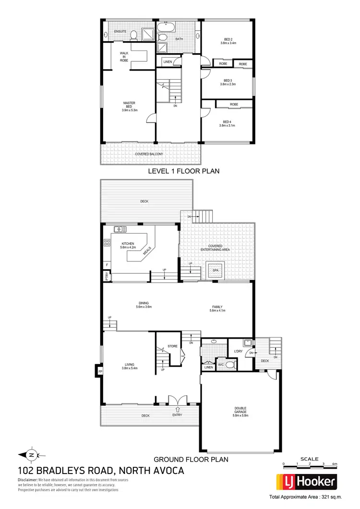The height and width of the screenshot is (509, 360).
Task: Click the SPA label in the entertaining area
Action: [x=215, y=270]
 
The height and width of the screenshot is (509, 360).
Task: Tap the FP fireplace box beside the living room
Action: [x=100, y=371]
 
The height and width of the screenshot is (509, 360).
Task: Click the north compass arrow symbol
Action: [x=31, y=454]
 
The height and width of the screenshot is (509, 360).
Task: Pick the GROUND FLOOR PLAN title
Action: [x=190, y=459]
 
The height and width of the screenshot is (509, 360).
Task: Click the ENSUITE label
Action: [x=120, y=32]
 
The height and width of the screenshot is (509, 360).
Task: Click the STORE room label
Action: [x=173, y=346]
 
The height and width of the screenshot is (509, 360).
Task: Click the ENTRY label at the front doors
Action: [x=178, y=415]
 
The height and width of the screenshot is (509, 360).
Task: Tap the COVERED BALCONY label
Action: [x=149, y=154]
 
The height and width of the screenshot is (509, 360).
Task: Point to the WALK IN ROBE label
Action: [x=124, y=57]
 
